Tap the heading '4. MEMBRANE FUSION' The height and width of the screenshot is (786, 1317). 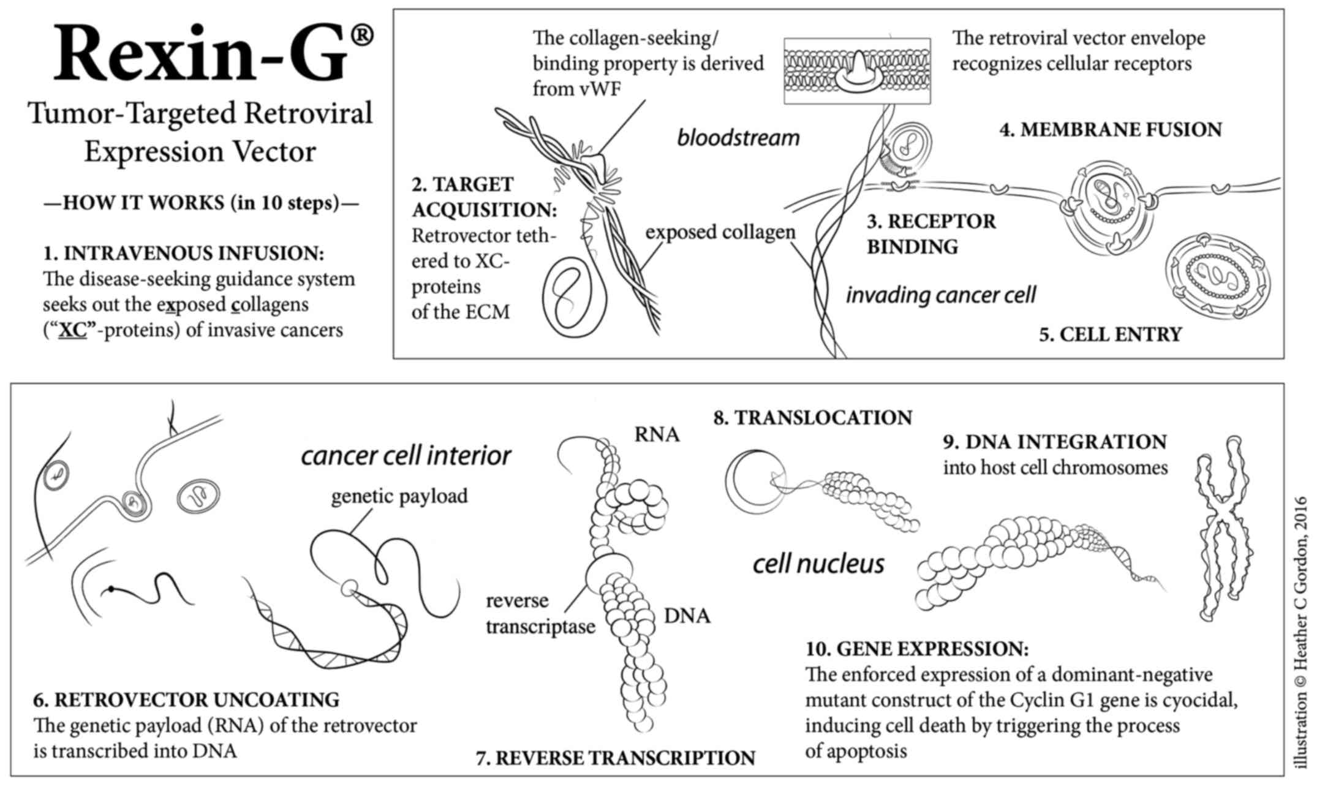[1110, 130]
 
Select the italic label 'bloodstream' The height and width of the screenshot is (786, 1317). [738, 138]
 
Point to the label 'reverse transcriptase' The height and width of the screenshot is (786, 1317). [540, 614]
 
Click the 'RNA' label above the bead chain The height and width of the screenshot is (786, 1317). [657, 434]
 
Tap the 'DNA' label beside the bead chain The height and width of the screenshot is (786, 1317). [687, 616]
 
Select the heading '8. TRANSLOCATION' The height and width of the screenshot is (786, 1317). [812, 418]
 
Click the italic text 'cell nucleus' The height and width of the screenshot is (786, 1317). [818, 564]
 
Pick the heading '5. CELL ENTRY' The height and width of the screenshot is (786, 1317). [1110, 334]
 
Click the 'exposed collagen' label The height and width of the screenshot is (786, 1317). [720, 232]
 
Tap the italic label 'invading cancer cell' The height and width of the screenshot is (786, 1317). [940, 295]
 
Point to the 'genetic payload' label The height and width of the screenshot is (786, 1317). [399, 496]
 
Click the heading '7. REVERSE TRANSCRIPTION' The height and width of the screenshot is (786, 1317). [615, 758]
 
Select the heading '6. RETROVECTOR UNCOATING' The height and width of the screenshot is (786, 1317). [186, 700]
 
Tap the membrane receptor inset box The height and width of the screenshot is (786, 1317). [857, 70]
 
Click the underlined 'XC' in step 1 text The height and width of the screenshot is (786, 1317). [72, 331]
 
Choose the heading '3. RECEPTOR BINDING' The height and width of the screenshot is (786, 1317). [930, 234]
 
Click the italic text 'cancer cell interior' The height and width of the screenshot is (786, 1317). [406, 456]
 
